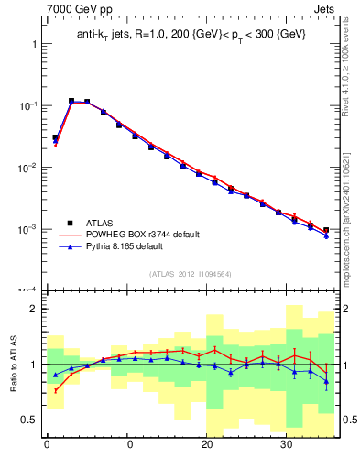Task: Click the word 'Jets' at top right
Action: coord(325,8)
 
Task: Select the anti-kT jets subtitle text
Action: coord(191,34)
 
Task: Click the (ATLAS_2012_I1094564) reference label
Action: coord(190,273)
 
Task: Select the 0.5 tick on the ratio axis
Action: coord(30,420)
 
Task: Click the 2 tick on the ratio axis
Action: coord(34,310)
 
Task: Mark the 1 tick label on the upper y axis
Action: coord(34,44)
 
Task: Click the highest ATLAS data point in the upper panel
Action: coord(71,101)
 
